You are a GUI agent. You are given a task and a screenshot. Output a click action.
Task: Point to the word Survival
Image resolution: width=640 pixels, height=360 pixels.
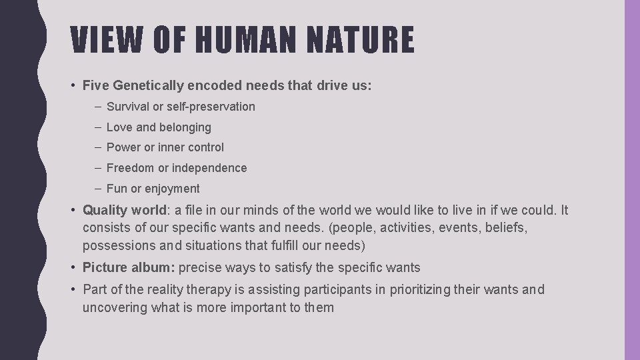tap(128, 107)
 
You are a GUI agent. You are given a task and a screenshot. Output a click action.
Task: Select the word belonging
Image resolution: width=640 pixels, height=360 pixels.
tap(185, 127)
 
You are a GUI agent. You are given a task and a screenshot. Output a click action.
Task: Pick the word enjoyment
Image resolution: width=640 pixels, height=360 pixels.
tap(172, 189)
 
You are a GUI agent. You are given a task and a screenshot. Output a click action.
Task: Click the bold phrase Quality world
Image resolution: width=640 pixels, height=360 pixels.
tap(125, 211)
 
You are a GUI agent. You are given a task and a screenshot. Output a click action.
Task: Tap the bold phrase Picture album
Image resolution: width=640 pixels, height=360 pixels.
tap(128, 268)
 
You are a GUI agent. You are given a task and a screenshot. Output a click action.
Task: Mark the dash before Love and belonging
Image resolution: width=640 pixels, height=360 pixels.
tap(98, 127)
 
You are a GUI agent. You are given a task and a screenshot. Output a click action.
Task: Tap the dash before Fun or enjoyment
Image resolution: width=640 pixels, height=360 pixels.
tap(98, 189)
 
